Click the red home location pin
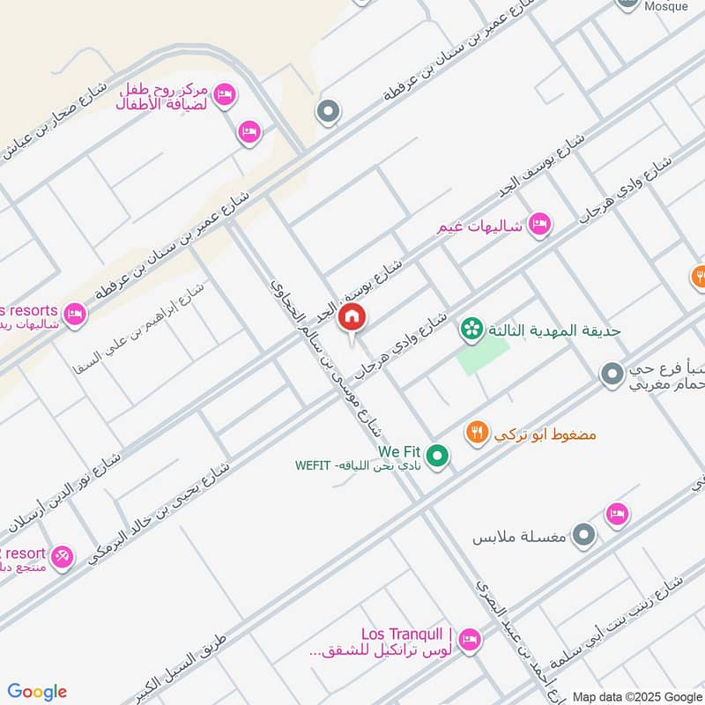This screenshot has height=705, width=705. tap(352, 318)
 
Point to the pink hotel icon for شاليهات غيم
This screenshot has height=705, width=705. tap(540, 225)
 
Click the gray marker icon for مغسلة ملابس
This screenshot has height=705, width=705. tap(583, 534)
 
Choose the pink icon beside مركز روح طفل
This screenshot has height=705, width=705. tap(225, 94)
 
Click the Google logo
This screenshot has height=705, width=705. tap(37, 692)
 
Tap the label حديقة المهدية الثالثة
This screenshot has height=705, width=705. tap(555, 330)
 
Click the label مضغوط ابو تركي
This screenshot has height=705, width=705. tap(546, 434)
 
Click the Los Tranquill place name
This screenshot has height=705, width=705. tap(407, 634)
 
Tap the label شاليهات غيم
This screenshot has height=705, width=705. tap(481, 226)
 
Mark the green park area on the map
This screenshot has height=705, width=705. tap(481, 357)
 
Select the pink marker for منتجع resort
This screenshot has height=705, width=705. tap(61, 556)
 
